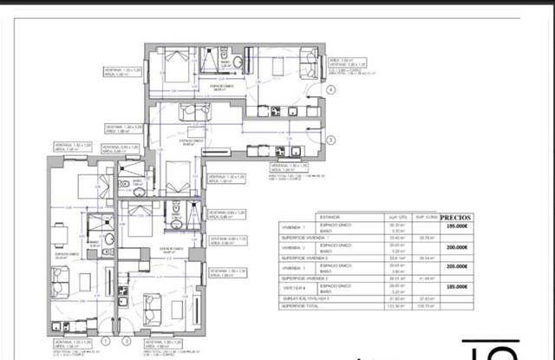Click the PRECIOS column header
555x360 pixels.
pos(458,219)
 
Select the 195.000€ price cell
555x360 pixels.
pos(458,227)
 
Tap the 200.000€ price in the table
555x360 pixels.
pos(458,247)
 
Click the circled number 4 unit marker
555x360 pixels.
pos(330,88)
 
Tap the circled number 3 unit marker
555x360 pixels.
pos(330,139)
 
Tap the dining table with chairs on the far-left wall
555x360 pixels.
pos(57,233)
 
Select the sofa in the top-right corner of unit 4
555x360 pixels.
pos(309,62)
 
